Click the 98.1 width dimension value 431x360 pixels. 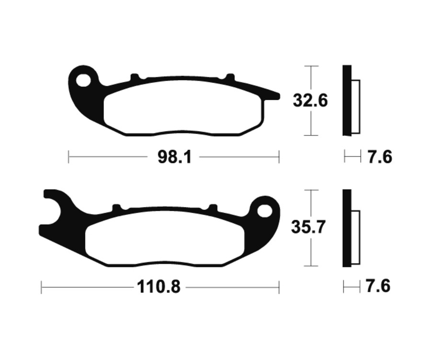click(x=174, y=157)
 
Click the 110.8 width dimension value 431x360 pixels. click(x=159, y=287)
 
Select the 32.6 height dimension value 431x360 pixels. click(x=310, y=101)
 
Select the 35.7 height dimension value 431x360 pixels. click(x=310, y=227)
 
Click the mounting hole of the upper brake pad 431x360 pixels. click(x=84, y=80)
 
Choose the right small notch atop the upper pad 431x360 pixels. click(x=230, y=77)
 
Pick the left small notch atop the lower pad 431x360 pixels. click(x=115, y=207)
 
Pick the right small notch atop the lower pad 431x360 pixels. click(x=211, y=207)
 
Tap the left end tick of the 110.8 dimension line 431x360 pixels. click(x=42, y=288)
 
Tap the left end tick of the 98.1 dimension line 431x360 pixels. click(x=69, y=157)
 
